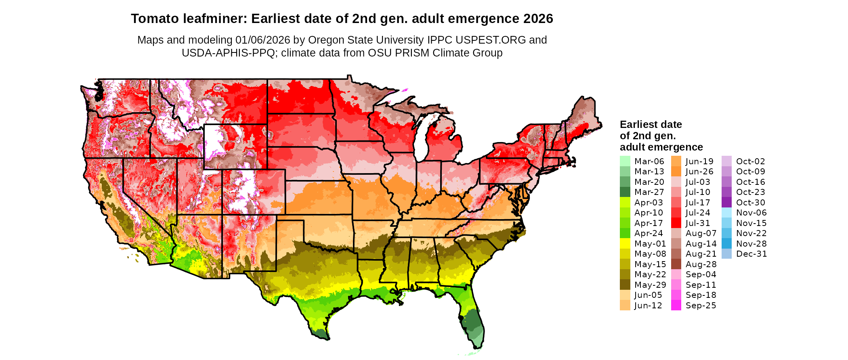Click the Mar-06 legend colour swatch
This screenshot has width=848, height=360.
[x=625, y=161]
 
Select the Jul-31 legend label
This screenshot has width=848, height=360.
[x=698, y=223]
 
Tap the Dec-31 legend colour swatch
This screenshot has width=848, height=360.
[x=726, y=254]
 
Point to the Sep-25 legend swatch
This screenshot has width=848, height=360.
[x=676, y=306]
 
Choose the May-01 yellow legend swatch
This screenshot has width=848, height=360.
[x=625, y=244]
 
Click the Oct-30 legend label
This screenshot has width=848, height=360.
[x=750, y=203]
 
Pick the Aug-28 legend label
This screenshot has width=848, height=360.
[x=701, y=264]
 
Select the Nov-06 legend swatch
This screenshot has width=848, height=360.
[x=726, y=213]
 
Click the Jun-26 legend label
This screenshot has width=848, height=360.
[x=699, y=172]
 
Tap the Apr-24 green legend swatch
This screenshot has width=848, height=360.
[x=625, y=233]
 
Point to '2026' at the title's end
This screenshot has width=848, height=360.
[x=538, y=19]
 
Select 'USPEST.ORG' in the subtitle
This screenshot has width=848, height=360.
[x=491, y=40]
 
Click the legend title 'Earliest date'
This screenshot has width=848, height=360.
[x=651, y=124]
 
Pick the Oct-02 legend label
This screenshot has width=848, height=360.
[x=750, y=161]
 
